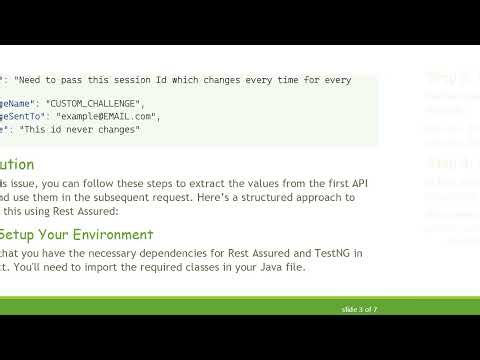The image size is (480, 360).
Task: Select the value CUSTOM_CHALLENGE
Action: coord(103,103)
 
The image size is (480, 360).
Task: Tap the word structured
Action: coord(261,198)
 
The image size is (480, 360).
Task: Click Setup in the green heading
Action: coord(18,235)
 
